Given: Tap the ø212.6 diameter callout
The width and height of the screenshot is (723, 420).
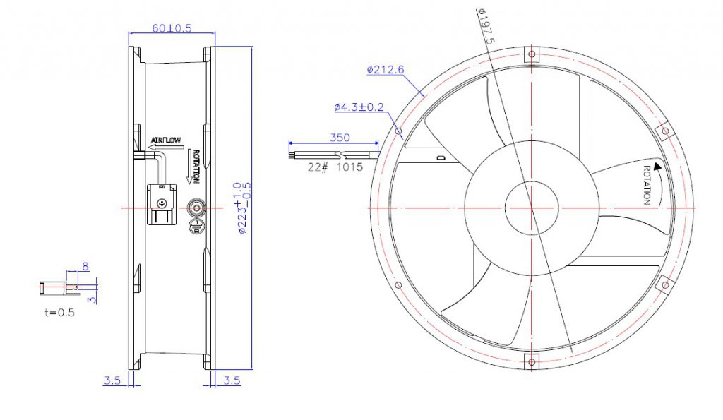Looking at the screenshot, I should click(x=386, y=69).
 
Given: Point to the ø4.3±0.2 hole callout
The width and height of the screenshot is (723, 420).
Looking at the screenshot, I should click(x=359, y=107).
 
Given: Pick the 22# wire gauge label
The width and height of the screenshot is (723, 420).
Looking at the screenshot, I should click(x=317, y=167).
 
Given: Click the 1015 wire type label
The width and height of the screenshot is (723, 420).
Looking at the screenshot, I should click(x=350, y=167).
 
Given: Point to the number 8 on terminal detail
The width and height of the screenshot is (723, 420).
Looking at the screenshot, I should click(x=85, y=267).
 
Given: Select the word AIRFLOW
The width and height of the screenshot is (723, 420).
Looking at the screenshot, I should click(x=166, y=140).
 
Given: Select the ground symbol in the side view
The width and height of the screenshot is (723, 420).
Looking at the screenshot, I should click(x=196, y=226).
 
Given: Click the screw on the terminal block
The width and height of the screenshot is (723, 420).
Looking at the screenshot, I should click(x=162, y=202).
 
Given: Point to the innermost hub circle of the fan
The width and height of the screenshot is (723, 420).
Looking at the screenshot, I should click(x=532, y=208).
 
